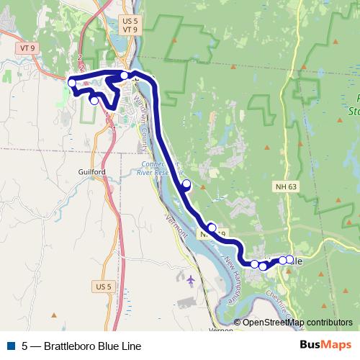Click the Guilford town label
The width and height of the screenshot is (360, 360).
pyautogui.click(x=92, y=173)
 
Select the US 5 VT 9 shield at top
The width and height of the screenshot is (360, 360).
pyautogui.click(x=130, y=26)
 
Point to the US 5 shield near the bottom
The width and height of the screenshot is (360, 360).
pyautogui.click(x=103, y=286)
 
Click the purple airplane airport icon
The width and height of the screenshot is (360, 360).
pyautogui.click(x=190, y=279)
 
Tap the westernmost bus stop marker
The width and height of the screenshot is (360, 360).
pyautogui.click(x=71, y=84)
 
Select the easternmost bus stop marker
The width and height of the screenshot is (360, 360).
pyautogui.click(x=289, y=259)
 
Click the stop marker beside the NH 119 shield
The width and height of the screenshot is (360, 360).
pyautogui.click(x=212, y=227)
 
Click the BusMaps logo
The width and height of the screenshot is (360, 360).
pyautogui.click(x=325, y=345)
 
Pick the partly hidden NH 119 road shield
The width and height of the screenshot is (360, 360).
pyautogui.click(x=210, y=234)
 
